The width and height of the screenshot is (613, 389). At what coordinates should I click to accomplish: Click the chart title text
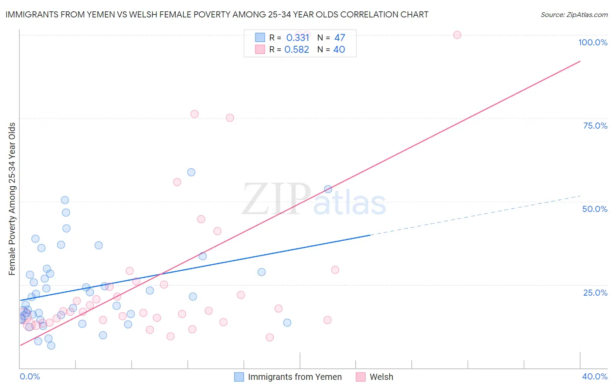pyautogui.click(x=217, y=14)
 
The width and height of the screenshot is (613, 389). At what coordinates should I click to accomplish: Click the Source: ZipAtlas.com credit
pyautogui.click(x=574, y=14)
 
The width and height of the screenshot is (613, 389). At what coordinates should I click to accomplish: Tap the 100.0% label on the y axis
pyautogui.click(x=593, y=42)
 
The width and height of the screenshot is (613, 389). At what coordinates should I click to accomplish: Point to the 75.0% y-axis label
pyautogui.click(x=595, y=126)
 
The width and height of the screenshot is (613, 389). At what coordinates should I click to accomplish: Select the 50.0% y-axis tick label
pyautogui.click(x=595, y=209)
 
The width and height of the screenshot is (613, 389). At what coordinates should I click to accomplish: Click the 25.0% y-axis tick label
pyautogui.click(x=595, y=292)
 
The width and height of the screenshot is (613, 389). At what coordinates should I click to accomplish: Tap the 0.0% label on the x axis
pyautogui.click(x=30, y=376)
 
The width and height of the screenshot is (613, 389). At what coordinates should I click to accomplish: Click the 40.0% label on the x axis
pyautogui.click(x=595, y=376)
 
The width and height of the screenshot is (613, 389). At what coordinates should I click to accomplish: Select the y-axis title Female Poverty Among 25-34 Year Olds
pyautogui.click(x=12, y=199)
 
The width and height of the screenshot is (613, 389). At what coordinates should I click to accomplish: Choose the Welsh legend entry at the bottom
pyautogui.click(x=381, y=377)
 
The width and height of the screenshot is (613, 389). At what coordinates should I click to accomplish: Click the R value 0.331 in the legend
pyautogui.click(x=297, y=38)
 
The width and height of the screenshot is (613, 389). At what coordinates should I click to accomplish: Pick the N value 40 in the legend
pyautogui.click(x=339, y=49)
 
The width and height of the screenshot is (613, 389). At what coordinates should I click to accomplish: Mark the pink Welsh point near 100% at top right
pyautogui.click(x=457, y=35)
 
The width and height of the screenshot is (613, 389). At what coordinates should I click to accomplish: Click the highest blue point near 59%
pyautogui.click(x=191, y=172)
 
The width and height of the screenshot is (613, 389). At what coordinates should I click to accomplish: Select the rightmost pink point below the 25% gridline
pyautogui.click(x=327, y=320)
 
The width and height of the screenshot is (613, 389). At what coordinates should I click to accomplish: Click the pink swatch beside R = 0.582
pyautogui.click(x=260, y=49)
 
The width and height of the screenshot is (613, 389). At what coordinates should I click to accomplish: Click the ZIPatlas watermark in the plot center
pyautogui.click(x=314, y=199)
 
